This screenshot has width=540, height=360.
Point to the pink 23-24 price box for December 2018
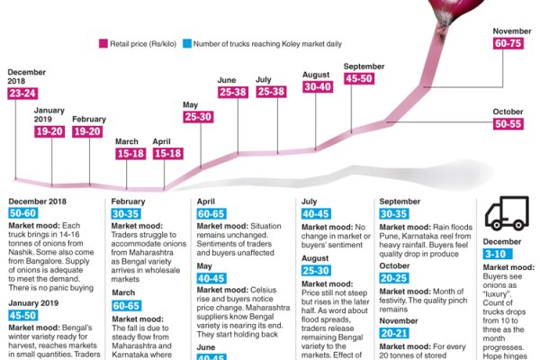(24, 94)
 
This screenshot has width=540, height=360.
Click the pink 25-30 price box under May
(198, 117)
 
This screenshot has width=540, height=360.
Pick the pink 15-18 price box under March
(131, 154)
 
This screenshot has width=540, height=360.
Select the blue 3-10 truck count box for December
(498, 255)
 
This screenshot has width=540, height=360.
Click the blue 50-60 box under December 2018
(25, 212)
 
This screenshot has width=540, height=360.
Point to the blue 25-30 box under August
(318, 270)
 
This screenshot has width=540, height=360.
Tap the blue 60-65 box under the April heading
(212, 212)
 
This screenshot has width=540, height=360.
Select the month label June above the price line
(227, 80)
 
